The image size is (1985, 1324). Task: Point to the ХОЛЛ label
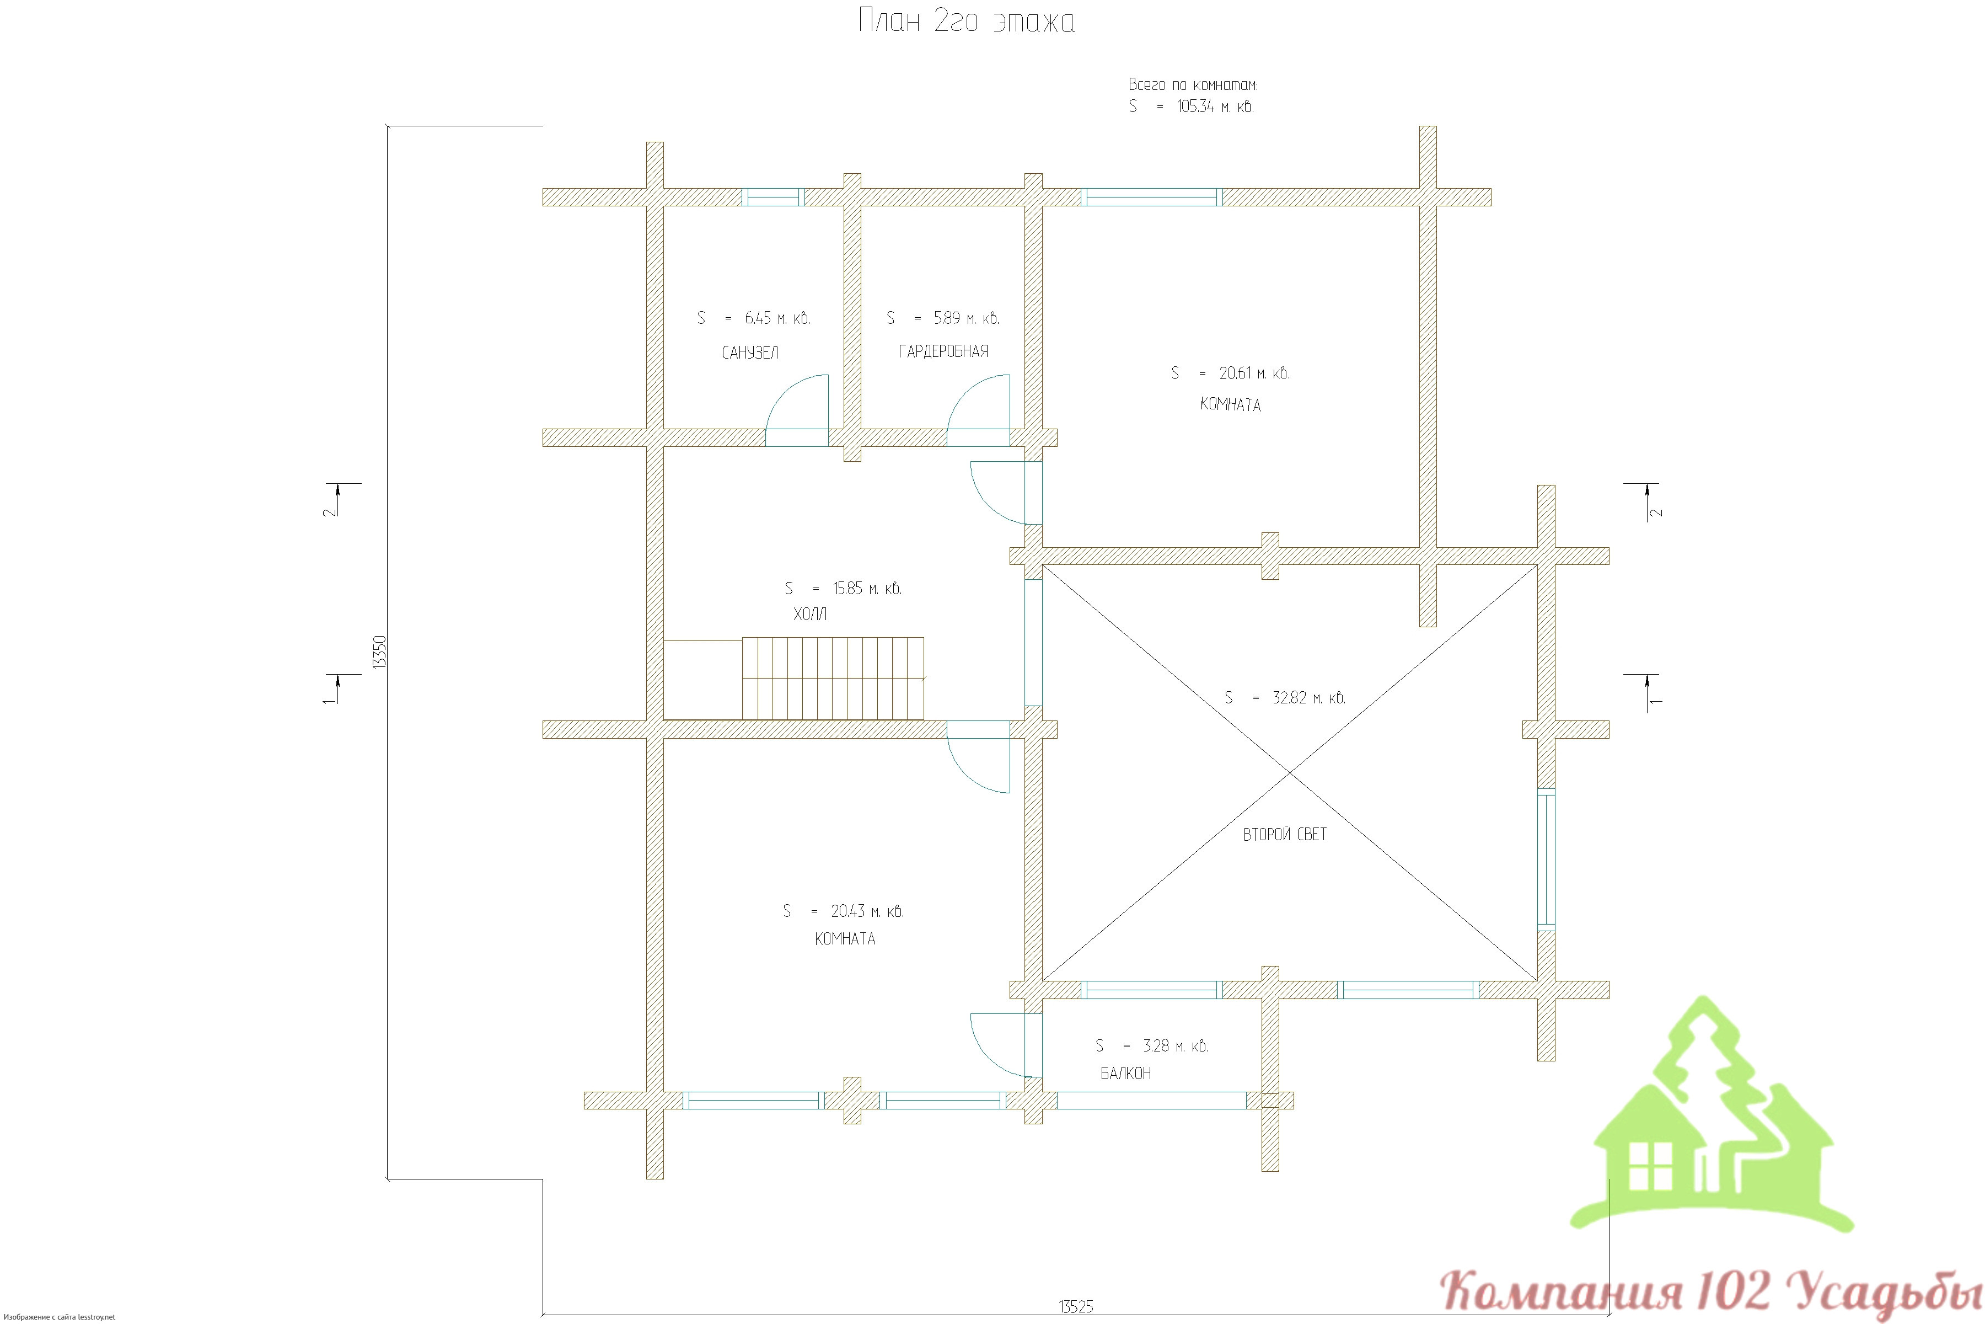click(x=809, y=614)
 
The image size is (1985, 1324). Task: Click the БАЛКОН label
click(x=1125, y=1073)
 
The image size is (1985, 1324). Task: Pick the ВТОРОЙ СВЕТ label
click(x=1285, y=834)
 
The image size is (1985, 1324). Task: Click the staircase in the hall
click(x=833, y=678)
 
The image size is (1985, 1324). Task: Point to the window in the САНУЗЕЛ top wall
click(x=773, y=197)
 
